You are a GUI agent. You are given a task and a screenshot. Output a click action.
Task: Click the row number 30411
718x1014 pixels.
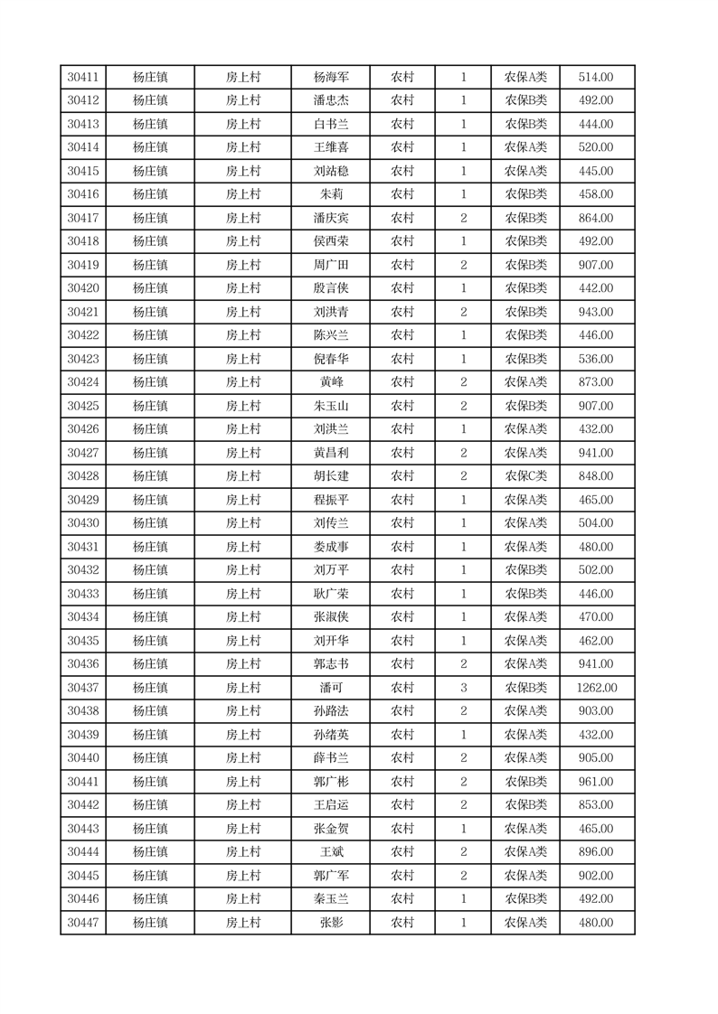83,78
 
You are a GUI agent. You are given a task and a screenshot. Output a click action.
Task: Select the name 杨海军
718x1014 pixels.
331,78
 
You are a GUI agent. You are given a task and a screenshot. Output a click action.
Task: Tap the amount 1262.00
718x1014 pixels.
596,688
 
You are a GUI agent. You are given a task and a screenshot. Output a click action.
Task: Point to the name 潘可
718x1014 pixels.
331,688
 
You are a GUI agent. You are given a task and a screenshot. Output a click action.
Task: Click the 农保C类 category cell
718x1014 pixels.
525,476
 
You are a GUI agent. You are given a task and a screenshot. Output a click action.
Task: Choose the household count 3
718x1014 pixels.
463,688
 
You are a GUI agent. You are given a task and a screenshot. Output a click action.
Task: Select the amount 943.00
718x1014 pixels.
596,312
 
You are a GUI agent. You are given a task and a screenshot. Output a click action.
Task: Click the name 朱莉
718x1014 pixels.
331,194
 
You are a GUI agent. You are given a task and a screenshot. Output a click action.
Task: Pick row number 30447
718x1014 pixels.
83,923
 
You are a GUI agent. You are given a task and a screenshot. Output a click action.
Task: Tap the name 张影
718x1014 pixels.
331,923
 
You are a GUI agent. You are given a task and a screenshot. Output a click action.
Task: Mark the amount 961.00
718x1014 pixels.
596,782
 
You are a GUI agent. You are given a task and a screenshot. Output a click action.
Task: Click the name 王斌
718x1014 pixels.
331,852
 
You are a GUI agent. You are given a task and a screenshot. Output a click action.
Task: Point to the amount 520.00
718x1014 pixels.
596,147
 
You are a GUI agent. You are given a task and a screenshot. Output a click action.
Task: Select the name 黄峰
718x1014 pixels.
331,382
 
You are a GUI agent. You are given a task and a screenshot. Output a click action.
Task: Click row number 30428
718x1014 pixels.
83,476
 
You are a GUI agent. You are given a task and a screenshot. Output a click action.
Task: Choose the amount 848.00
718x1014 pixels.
596,476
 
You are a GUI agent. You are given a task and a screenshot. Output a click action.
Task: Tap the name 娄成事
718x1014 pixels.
331,547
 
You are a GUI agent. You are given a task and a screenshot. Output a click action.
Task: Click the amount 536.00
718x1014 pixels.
596,359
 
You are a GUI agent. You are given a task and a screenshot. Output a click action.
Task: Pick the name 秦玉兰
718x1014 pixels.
331,899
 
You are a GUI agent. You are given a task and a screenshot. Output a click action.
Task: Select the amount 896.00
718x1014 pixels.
596,852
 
